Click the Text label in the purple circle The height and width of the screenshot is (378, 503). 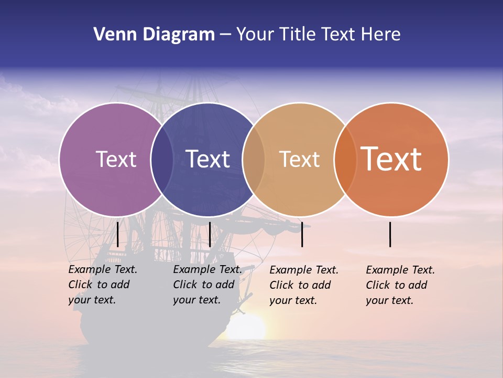coord(116,159)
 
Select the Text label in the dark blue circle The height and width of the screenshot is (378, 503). coord(207,159)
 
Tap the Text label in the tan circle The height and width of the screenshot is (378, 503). coord(299,159)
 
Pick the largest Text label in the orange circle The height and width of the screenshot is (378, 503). coord(391,159)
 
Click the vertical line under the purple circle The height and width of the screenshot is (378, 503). coord(117,234)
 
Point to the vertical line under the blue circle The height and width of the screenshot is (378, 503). coord(210,234)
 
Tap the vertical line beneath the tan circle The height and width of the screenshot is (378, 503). coord(302,234)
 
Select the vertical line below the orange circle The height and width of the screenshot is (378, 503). coord(390,234)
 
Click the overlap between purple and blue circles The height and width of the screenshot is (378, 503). coord(162,159)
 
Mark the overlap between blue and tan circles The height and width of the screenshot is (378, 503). coord(254,159)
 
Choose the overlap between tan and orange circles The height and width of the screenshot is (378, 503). coord(345,159)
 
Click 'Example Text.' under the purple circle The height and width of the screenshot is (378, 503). coord(103,269)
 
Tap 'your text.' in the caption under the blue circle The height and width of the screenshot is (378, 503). coord(196,300)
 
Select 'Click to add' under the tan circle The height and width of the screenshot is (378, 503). coord(300,285)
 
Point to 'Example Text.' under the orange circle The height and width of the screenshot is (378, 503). coord(400,270)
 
